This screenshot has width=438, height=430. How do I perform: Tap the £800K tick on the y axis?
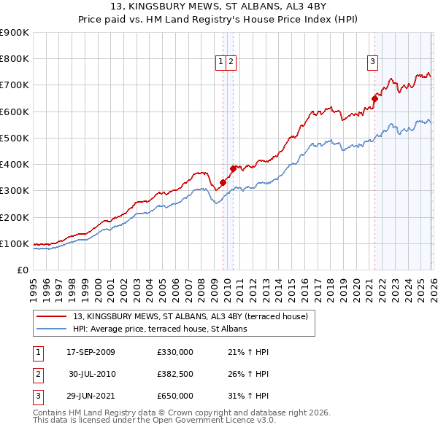pyautogui.click(x=15, y=59)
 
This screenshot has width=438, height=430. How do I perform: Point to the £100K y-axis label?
pyautogui.click(x=15, y=243)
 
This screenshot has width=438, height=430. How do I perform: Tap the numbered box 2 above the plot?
pyautogui.click(x=231, y=63)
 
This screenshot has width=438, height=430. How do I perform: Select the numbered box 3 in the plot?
pyautogui.click(x=372, y=63)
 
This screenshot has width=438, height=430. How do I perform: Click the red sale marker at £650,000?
pyautogui.click(x=374, y=98)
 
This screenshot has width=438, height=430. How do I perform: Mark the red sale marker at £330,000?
pyautogui.click(x=223, y=183)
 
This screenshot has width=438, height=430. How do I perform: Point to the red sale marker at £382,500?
pyautogui.click(x=234, y=168)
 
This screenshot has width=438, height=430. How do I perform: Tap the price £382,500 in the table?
pyautogui.click(x=174, y=374)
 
